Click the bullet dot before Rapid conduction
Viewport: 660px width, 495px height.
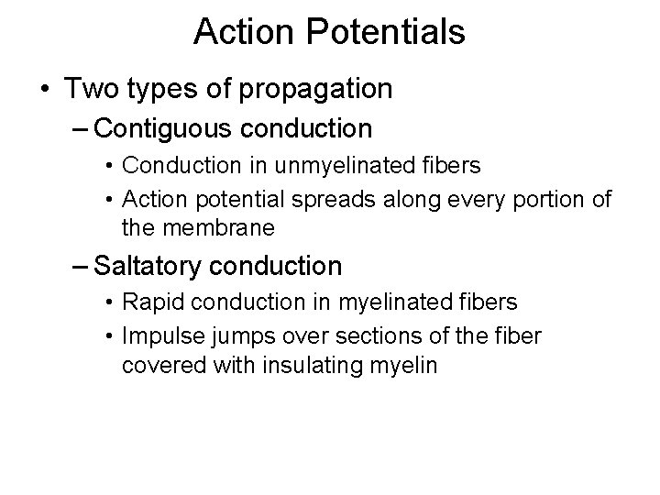109,302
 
